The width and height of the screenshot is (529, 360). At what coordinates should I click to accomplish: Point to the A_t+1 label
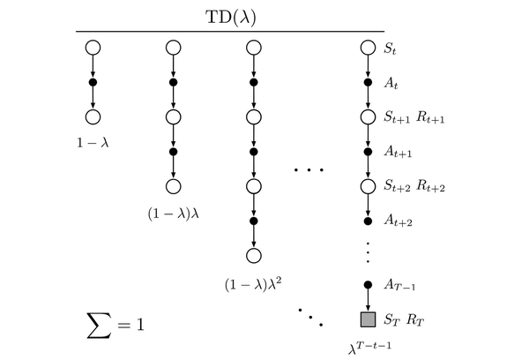tap(398, 152)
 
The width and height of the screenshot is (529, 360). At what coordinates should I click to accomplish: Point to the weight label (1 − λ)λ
tap(174, 213)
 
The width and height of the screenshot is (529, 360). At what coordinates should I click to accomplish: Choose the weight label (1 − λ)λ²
tap(255, 284)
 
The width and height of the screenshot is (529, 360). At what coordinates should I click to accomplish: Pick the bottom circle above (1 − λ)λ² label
tap(255, 256)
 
